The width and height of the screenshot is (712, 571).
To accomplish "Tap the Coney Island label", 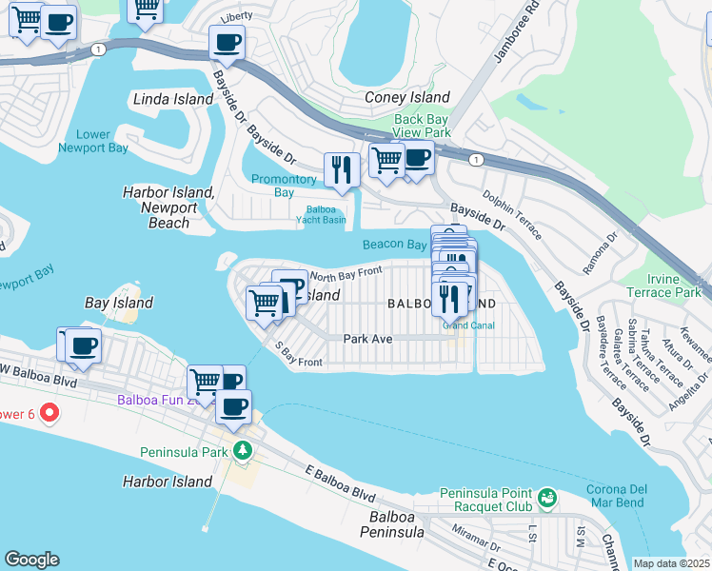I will point(407,97).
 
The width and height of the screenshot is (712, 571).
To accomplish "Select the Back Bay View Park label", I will point(422,126).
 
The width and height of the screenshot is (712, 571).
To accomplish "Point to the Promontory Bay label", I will point(284,186).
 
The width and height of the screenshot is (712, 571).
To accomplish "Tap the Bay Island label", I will point(119,303).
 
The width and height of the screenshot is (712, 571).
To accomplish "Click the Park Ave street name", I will point(368,338).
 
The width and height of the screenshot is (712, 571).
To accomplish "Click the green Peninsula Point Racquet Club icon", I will point(546,498).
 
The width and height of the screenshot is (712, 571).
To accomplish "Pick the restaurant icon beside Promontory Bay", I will point(341,169).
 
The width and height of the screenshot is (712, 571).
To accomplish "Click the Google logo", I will point(31,560).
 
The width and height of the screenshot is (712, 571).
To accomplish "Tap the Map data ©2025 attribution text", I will point(670,563).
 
